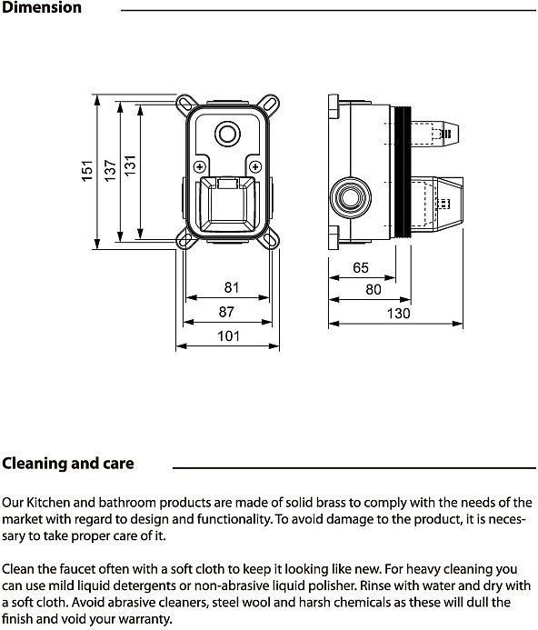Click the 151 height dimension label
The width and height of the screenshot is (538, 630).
(87, 171)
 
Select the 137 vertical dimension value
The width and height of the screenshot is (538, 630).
(110, 170)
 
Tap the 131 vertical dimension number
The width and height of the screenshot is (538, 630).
(130, 165)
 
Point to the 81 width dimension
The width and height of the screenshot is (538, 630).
(232, 287)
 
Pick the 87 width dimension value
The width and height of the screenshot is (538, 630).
(226, 312)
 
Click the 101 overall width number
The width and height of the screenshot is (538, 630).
(229, 335)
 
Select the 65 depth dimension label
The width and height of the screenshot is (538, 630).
(361, 267)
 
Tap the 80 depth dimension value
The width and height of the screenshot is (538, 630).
(374, 289)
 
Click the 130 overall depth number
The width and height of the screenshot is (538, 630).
(399, 313)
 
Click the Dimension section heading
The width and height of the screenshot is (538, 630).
(42, 7)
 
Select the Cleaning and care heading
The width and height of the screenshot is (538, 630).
(68, 464)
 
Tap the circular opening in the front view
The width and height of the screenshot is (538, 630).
(228, 134)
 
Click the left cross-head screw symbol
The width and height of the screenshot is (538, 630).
(200, 166)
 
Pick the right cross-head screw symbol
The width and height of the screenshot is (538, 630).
(255, 166)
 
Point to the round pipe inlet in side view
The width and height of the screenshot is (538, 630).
(351, 197)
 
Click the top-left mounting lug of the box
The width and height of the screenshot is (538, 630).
(185, 103)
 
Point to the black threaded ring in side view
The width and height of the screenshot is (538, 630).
(401, 172)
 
